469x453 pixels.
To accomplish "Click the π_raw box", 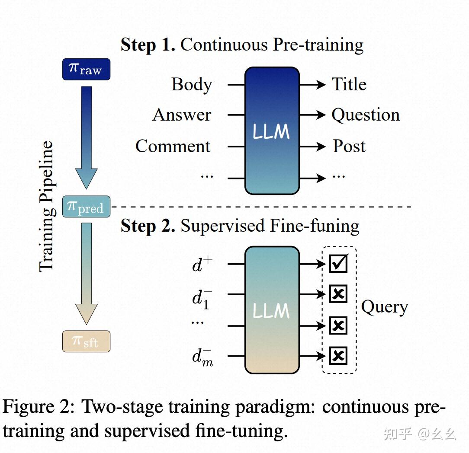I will [x=86, y=70].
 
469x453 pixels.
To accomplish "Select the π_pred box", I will [x=86, y=207].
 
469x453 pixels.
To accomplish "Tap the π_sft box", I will [x=86, y=341].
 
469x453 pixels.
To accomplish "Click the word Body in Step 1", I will [x=192, y=85].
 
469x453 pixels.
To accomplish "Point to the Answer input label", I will [x=182, y=115].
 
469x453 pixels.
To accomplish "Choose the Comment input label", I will [x=173, y=146].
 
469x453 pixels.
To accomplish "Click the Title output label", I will [x=349, y=84].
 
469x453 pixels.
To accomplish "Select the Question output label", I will [x=366, y=115].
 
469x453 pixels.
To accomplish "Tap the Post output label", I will [x=349, y=146].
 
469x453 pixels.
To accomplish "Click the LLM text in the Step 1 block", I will [x=271, y=131].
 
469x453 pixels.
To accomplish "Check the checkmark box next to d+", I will [x=338, y=263].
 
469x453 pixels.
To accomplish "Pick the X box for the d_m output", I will [x=338, y=356].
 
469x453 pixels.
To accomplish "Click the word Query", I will [x=384, y=308].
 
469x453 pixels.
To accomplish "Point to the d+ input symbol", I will [x=202, y=264].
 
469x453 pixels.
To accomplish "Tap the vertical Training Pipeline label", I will [x=46, y=207].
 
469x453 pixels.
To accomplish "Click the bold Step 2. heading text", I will [x=148, y=226].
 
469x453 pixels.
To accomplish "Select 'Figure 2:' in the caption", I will [x=39, y=407].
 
